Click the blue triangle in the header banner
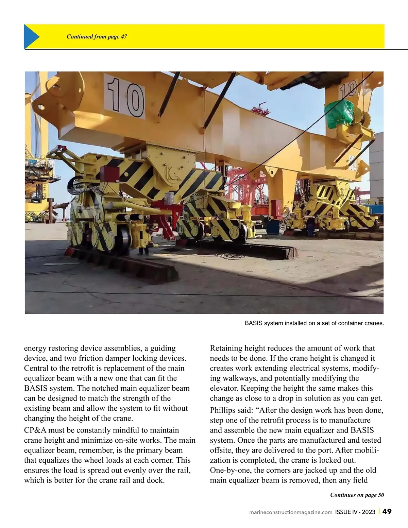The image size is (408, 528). tap(31, 36)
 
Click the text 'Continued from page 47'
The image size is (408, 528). tap(97, 37)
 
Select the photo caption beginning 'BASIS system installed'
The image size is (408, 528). tap(314, 323)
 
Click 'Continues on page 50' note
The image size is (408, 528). tap(357, 495)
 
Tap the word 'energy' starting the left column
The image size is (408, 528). tap(35, 348)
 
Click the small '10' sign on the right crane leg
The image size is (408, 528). tap(348, 90)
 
